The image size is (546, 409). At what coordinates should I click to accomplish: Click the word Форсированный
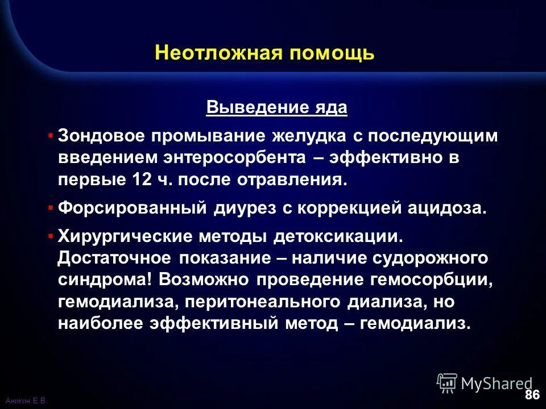(x=132, y=208)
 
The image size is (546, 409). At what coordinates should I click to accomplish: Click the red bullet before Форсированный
(x=51, y=207)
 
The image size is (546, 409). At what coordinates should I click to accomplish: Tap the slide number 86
(x=532, y=394)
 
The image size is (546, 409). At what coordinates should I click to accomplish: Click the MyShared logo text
(x=497, y=383)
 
